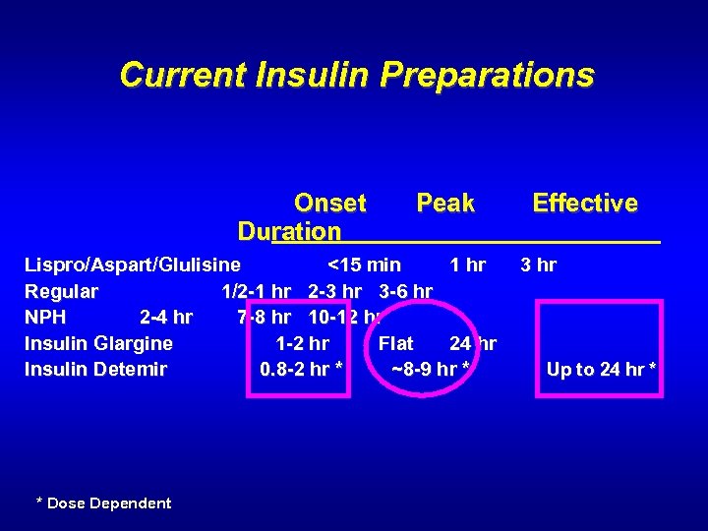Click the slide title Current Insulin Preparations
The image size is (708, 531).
click(x=356, y=75)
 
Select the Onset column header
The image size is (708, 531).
click(x=329, y=204)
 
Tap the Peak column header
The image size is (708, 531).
click(x=444, y=204)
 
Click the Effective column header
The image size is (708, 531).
click(x=584, y=204)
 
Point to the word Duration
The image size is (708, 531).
click(x=289, y=232)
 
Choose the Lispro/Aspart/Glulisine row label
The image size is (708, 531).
click(x=132, y=265)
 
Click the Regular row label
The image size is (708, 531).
click(x=61, y=291)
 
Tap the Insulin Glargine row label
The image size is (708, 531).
click(x=98, y=343)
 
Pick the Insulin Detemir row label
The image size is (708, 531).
click(x=95, y=370)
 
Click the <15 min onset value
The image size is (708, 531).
click(x=364, y=265)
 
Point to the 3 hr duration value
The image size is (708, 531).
click(x=538, y=265)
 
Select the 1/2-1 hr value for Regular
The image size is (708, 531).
click(x=256, y=291)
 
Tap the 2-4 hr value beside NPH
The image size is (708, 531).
click(x=166, y=318)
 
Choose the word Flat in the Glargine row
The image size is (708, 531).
click(x=395, y=343)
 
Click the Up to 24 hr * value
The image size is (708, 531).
click(x=601, y=370)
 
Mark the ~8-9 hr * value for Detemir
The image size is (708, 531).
click(x=430, y=370)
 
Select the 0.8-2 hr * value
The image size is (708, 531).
click(x=301, y=370)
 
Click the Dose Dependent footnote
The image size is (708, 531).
click(x=103, y=503)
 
